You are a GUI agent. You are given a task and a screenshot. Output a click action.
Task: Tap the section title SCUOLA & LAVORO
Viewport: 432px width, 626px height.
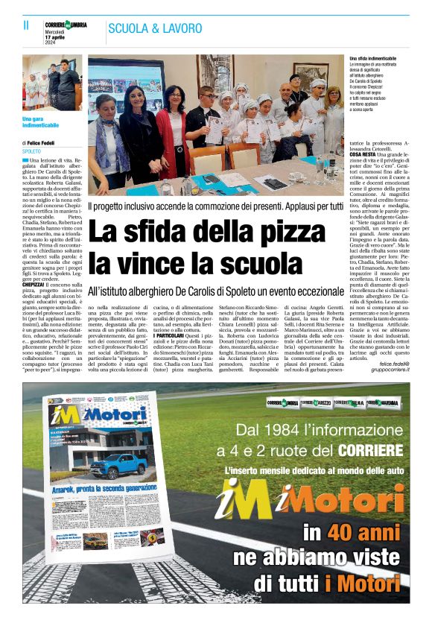pos(155,28)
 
